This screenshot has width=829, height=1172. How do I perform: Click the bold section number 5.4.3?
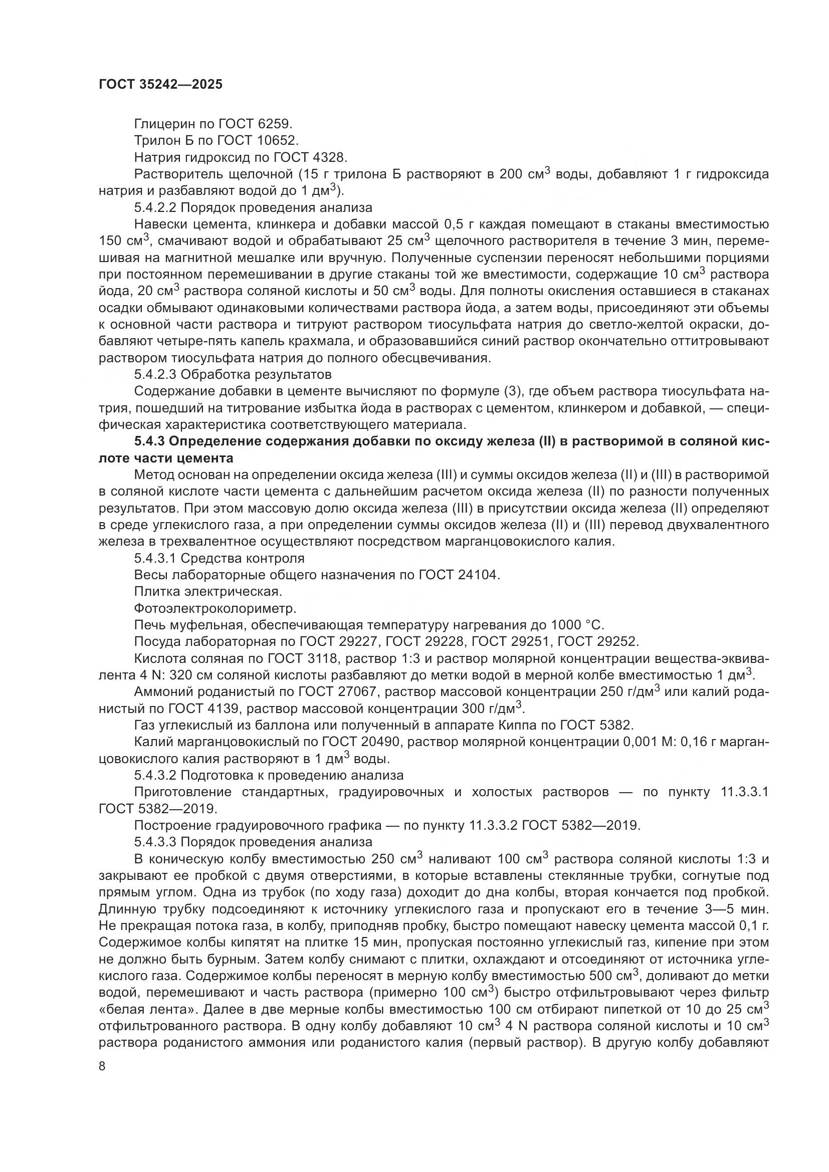(x=149, y=441)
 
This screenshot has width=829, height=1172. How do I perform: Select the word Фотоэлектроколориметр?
(x=215, y=608)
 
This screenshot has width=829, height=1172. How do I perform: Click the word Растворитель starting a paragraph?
(x=170, y=174)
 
